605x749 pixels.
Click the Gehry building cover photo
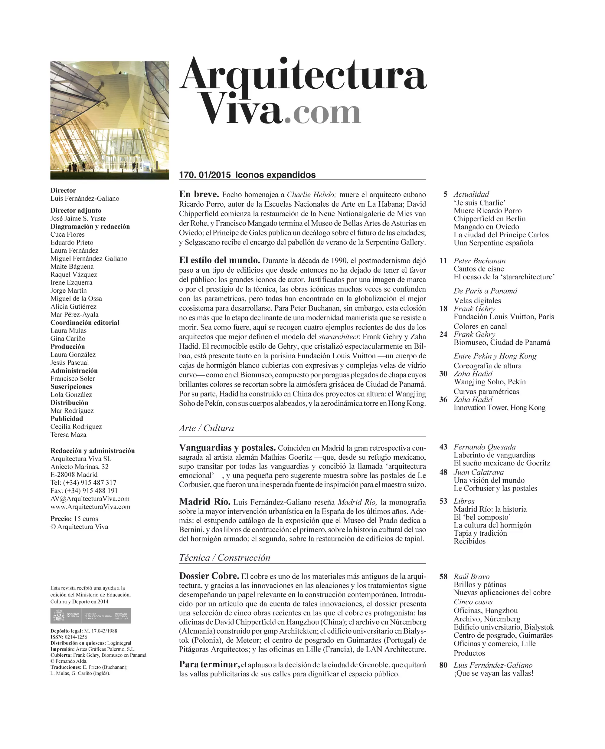110,120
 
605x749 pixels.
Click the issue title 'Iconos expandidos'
275,175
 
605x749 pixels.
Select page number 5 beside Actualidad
445,194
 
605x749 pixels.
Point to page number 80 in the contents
443,665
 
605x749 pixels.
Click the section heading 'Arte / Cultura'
206,428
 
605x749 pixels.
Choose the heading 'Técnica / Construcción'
224,557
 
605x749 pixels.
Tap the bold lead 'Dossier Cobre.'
209,576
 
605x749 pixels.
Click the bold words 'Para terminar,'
209,665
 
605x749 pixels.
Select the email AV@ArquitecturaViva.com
90,499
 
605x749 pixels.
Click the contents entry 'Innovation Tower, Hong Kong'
499,408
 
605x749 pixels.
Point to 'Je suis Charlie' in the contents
479,202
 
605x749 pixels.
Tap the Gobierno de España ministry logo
91,616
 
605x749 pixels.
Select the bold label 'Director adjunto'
76,210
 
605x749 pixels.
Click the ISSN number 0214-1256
76,637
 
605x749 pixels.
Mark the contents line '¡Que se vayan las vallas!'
493,673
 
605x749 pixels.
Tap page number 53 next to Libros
443,501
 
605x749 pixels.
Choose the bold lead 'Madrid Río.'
204,502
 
